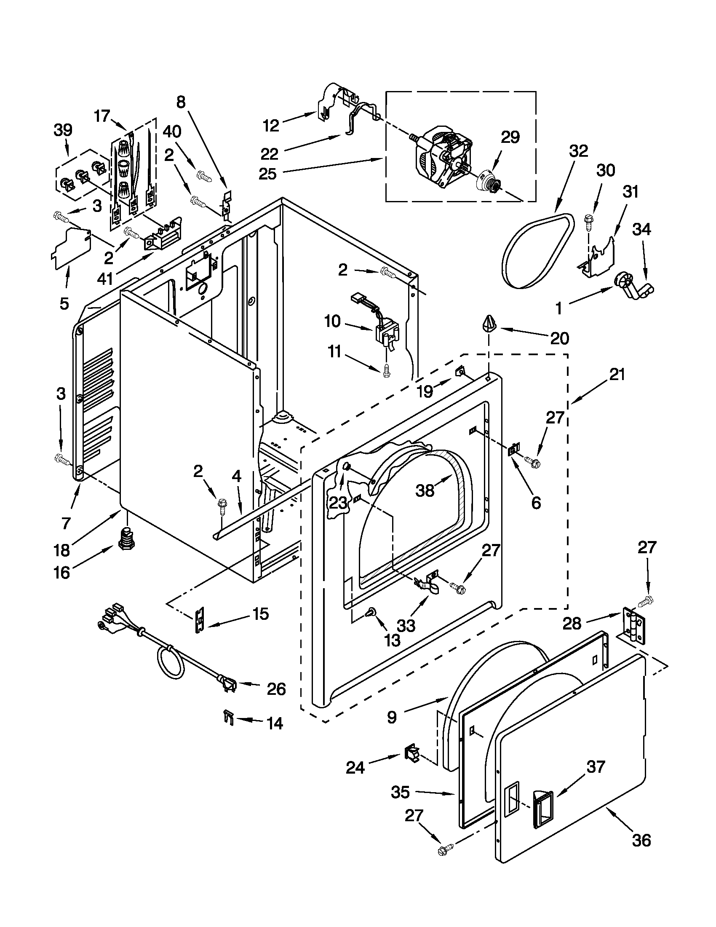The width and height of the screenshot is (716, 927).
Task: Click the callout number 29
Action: tap(510, 137)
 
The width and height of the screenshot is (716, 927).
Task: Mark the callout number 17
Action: tap(102, 115)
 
